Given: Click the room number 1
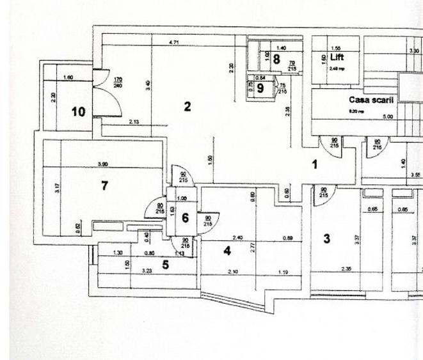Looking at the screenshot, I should tap(314, 164).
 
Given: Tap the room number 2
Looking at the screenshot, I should tap(188, 106).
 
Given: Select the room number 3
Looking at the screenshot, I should tap(327, 239).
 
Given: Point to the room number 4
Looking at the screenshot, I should tap(227, 251).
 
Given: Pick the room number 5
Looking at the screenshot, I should tap(165, 265).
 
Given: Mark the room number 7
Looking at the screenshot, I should tap(104, 186).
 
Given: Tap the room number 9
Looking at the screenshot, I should tap(260, 88).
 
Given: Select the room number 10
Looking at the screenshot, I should tap(78, 112).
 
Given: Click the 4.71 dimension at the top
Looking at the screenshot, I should tap(173, 42).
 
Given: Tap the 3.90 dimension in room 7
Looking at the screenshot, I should tap(102, 164).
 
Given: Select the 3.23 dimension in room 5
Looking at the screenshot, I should tap(146, 271).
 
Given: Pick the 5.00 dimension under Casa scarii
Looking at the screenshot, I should tap(388, 117).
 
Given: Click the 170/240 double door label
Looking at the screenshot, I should tap(118, 82).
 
